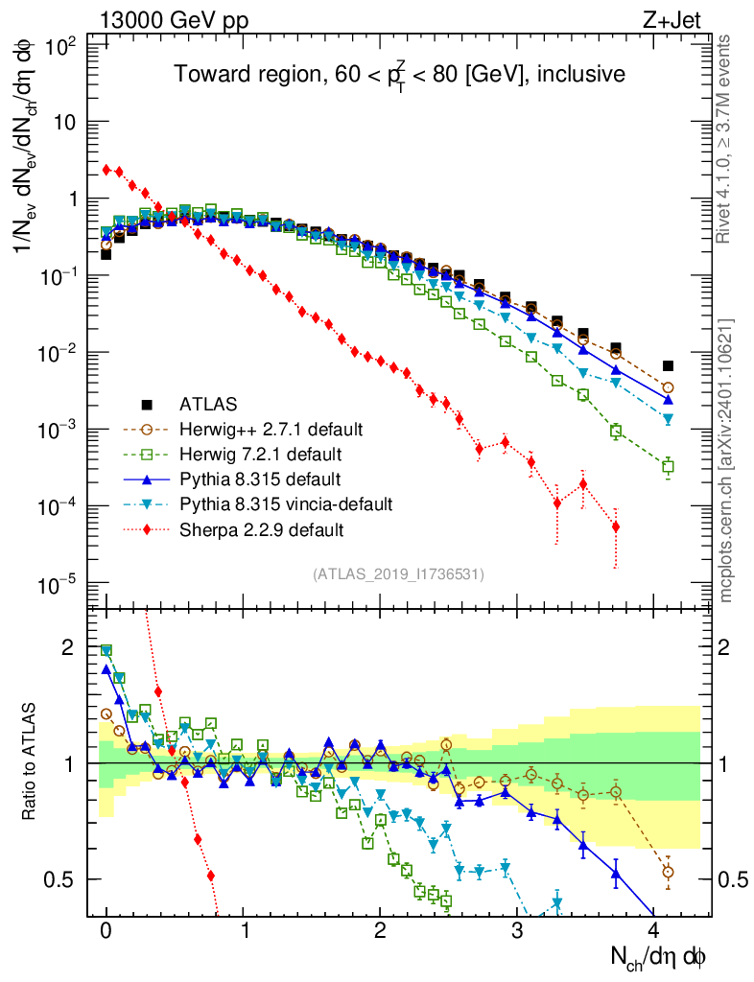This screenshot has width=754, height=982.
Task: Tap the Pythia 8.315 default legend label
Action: coord(250,479)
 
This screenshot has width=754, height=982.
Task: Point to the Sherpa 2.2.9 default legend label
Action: coord(253,528)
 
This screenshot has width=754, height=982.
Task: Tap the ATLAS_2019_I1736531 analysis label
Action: coord(398,574)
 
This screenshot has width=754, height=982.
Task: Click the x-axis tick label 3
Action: coord(517,930)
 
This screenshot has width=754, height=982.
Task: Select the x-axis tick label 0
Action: coord(106,930)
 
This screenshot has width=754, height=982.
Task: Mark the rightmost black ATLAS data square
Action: coord(668,365)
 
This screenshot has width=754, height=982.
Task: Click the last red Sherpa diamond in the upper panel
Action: coord(616,526)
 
